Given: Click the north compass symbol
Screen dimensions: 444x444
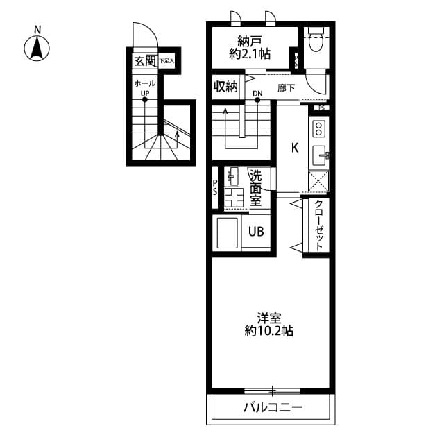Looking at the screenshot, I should pos(37,47).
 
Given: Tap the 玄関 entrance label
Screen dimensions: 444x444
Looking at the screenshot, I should pos(144,62).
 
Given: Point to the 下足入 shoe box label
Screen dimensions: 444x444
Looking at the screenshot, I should pos(166,62).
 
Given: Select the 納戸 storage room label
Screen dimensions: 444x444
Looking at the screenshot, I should pos(249,39).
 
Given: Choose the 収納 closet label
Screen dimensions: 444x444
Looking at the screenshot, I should pos(225,87).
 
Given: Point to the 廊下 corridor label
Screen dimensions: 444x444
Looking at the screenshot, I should pos(287,88).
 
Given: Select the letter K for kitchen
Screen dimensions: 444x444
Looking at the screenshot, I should pos(294,147).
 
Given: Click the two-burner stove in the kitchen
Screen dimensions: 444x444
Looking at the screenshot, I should pos(320,129).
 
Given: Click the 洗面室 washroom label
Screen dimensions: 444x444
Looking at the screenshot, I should pos(255,188).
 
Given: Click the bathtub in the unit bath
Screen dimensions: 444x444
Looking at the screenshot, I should pos(228,233).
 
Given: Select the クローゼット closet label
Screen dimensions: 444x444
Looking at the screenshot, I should pos(318,225).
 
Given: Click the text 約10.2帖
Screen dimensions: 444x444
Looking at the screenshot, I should pos(268,332).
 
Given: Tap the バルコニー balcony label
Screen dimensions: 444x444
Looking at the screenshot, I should pos(272,407).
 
